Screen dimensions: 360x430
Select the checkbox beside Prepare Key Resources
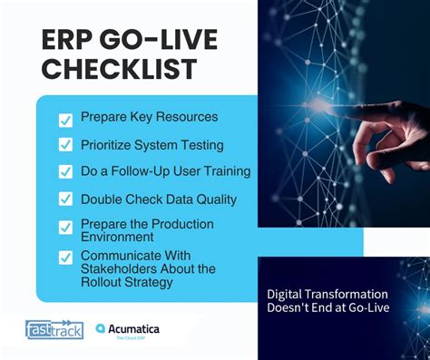point(65,120)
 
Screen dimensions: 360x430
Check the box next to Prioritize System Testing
point(65,145)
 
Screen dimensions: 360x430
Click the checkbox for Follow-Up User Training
point(65,171)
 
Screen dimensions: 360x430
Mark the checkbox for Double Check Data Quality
point(65,199)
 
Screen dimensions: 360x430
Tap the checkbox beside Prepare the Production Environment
point(65,228)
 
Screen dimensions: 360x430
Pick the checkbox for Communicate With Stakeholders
point(65,257)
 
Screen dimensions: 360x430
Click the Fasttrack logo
point(54,329)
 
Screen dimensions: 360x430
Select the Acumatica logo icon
point(101,329)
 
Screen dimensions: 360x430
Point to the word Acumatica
point(134,328)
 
